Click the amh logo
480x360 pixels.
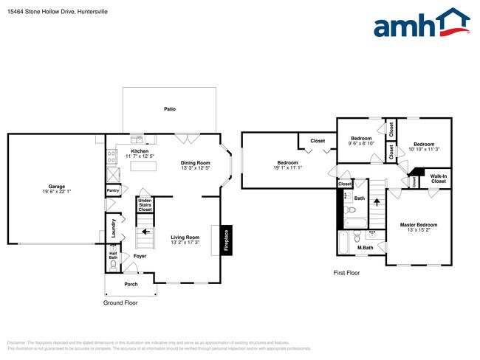(421, 24)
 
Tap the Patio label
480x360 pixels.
(170, 109)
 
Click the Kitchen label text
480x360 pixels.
(139, 151)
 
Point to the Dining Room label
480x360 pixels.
(196, 163)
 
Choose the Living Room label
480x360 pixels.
(185, 238)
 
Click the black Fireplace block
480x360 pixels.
(227, 240)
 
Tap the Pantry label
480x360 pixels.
(113, 190)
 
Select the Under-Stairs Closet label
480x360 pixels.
(145, 204)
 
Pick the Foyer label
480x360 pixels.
(140, 256)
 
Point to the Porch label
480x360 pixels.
(131, 284)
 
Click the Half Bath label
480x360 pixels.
(113, 255)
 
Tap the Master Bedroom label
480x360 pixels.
(418, 224)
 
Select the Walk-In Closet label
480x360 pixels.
(439, 179)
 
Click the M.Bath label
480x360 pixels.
(365, 247)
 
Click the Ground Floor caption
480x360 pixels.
(120, 302)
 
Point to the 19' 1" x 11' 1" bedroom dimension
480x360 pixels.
(287, 167)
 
